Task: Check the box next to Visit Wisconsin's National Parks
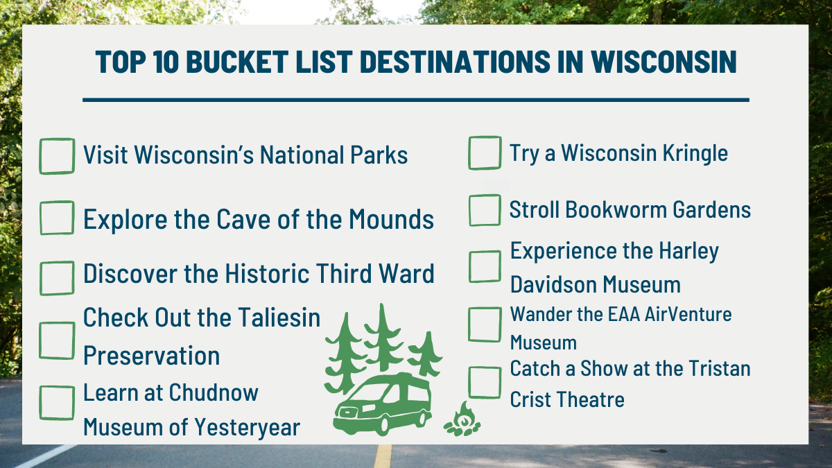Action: click(57, 156)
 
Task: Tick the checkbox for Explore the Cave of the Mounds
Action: click(57, 218)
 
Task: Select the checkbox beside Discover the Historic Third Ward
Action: click(57, 277)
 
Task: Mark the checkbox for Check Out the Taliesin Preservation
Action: click(57, 340)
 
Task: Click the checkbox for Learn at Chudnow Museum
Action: click(57, 403)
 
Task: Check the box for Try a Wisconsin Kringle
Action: click(485, 153)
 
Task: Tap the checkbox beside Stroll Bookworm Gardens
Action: click(485, 210)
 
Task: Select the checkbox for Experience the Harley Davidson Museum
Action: click(485, 266)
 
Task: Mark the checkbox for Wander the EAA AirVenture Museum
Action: click(485, 324)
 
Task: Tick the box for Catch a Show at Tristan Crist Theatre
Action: click(485, 381)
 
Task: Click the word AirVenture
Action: click(688, 314)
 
